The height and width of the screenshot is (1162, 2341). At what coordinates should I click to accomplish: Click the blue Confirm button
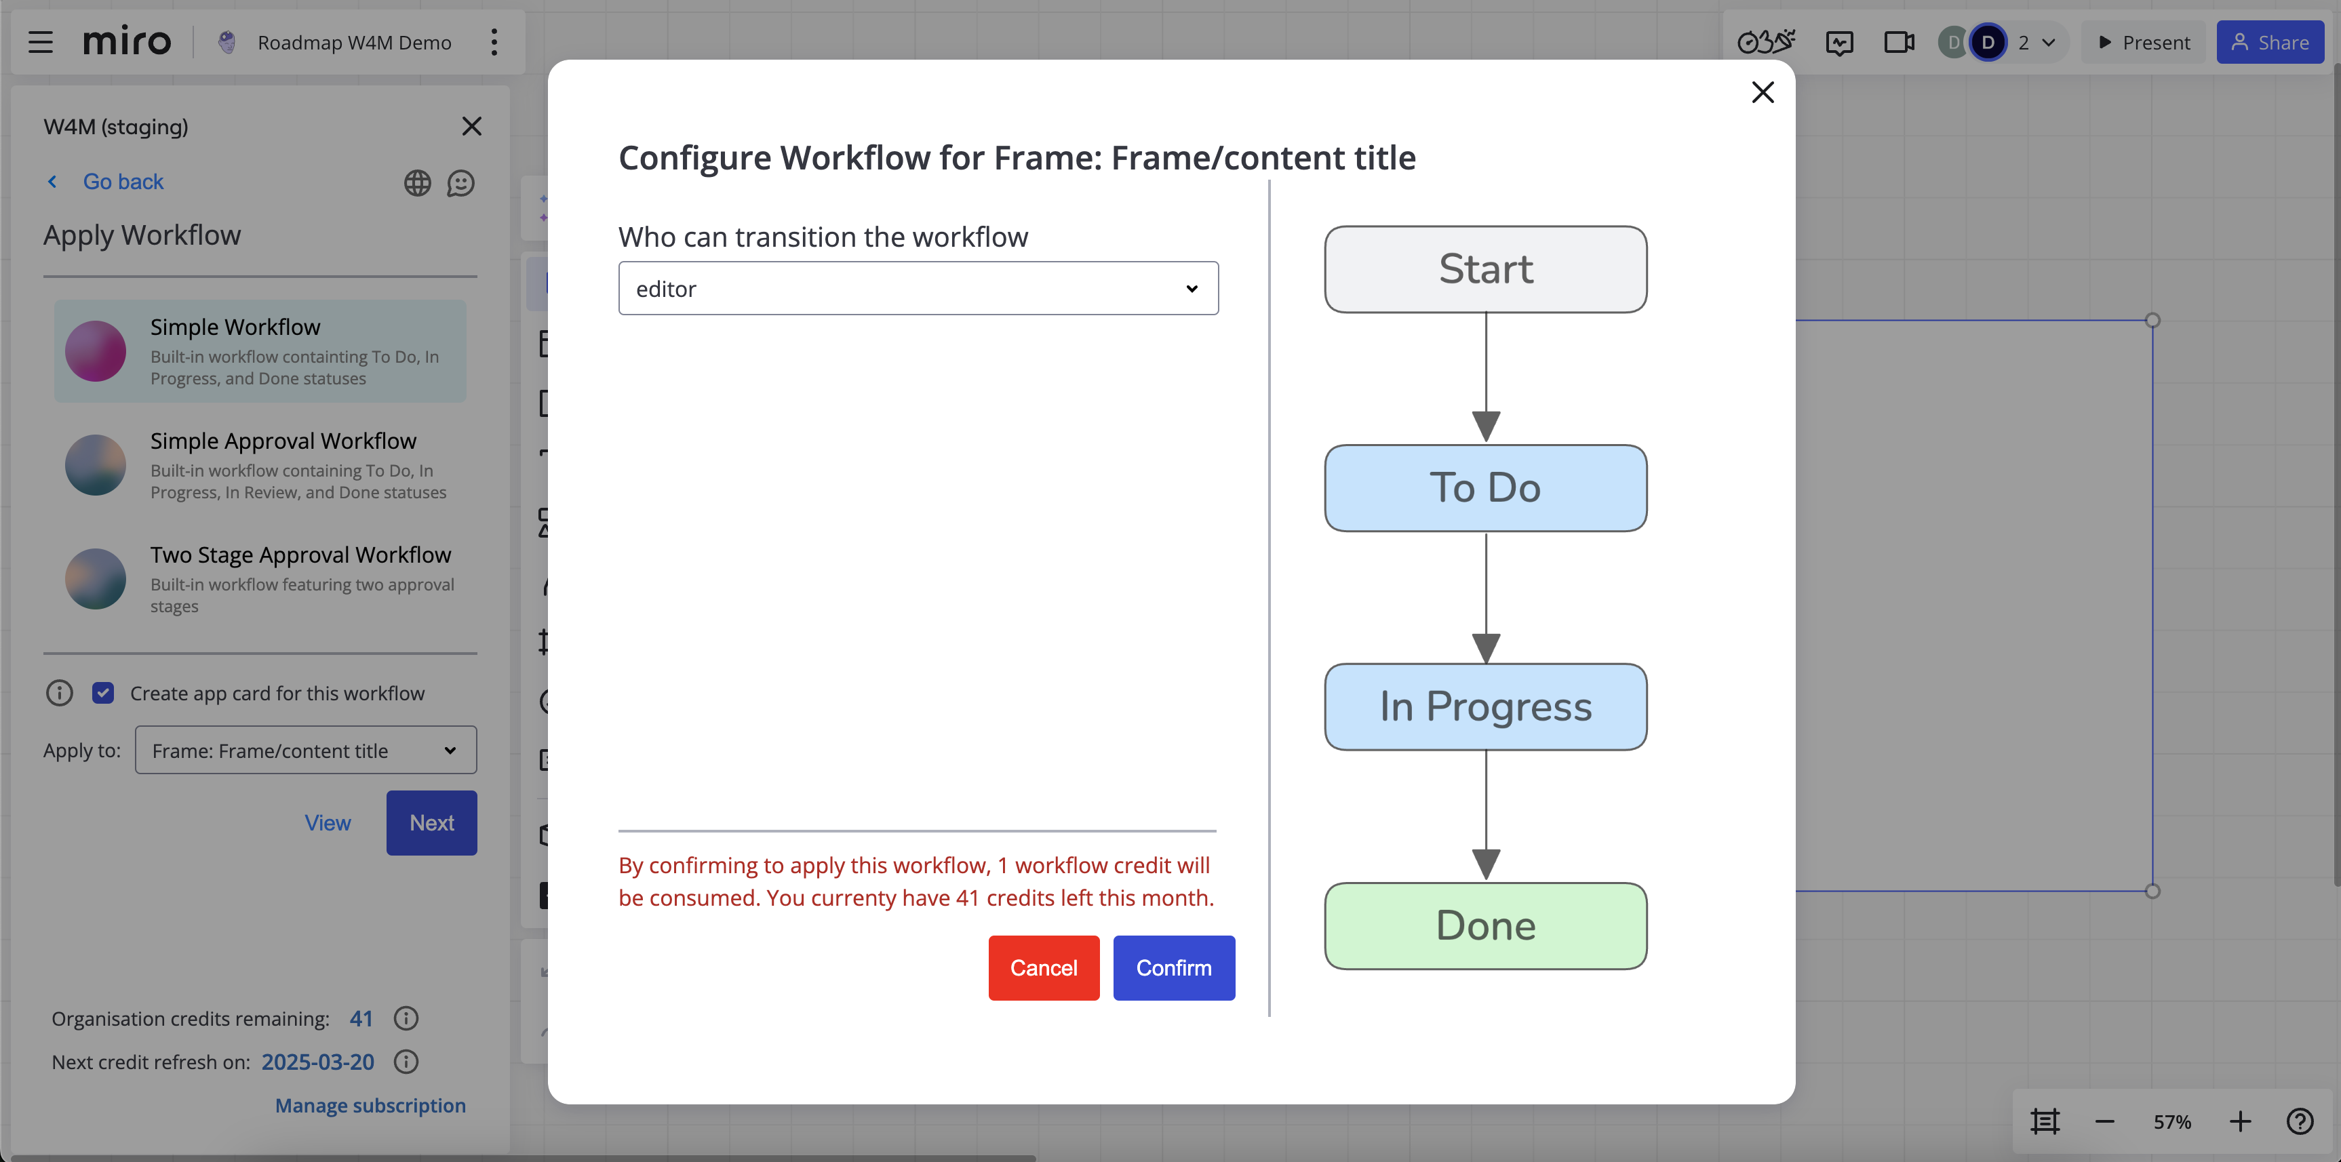(1173, 967)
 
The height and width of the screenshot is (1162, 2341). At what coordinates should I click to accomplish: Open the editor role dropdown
(918, 288)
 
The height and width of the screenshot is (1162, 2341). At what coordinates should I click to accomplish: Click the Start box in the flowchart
(1485, 269)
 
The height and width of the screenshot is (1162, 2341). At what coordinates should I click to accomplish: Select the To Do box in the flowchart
(1485, 488)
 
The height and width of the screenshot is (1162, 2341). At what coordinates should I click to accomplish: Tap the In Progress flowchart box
(1485, 707)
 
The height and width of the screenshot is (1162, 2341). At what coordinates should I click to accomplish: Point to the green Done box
(1485, 926)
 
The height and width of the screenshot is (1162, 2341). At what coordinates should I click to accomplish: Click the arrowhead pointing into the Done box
(1486, 864)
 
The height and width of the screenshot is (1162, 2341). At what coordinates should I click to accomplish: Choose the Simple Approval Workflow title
(283, 441)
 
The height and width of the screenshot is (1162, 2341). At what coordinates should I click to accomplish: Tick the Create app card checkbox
(102, 694)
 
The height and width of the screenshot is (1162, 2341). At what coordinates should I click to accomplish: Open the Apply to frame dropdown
(305, 750)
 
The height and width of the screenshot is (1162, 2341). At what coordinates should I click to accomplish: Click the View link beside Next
(327, 822)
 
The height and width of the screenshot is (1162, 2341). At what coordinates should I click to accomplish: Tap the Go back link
(123, 182)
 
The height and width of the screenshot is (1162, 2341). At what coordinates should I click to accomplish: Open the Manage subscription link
(370, 1105)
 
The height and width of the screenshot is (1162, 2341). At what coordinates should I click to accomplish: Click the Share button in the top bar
(2269, 42)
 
